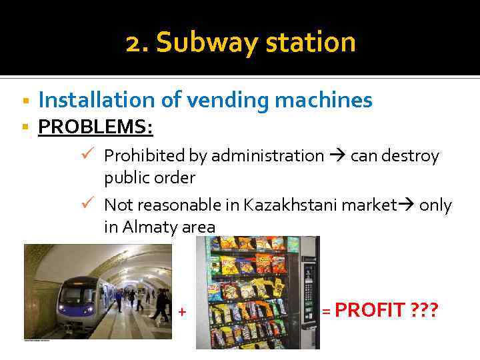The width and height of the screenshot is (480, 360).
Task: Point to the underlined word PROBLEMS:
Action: pos(95,127)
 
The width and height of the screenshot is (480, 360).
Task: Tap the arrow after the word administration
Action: pos(337,156)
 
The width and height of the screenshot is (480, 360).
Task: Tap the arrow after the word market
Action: pos(406,205)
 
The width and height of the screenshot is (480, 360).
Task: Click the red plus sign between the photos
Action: pos(182,311)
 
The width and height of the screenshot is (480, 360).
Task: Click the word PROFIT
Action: pos(370,310)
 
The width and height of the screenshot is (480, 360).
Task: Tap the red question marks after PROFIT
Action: pos(425,310)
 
